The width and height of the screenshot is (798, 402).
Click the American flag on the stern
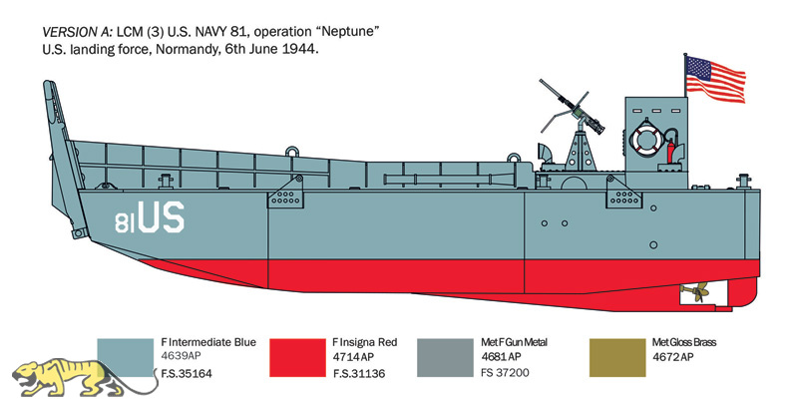[x=715, y=79]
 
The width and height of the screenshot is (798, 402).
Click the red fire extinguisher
[x=670, y=151]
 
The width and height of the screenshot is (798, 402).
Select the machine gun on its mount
[x=573, y=108]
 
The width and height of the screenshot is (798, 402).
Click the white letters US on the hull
[x=161, y=217]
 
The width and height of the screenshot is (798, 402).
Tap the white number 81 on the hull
[x=126, y=222]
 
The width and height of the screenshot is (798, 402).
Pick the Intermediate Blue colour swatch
[x=126, y=358]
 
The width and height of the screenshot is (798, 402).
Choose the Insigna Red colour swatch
[x=297, y=358]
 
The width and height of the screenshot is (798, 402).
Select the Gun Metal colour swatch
[x=445, y=358]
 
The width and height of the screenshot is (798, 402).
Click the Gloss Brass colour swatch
[x=617, y=358]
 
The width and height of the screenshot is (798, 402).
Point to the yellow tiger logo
[x=82, y=379]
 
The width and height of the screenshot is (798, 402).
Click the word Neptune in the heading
[x=355, y=32]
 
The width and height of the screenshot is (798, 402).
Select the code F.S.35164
[x=187, y=374]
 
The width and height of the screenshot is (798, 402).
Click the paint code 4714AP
[x=353, y=357]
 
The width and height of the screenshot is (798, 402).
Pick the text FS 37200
[x=505, y=373]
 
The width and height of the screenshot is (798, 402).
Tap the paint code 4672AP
[x=672, y=357]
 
